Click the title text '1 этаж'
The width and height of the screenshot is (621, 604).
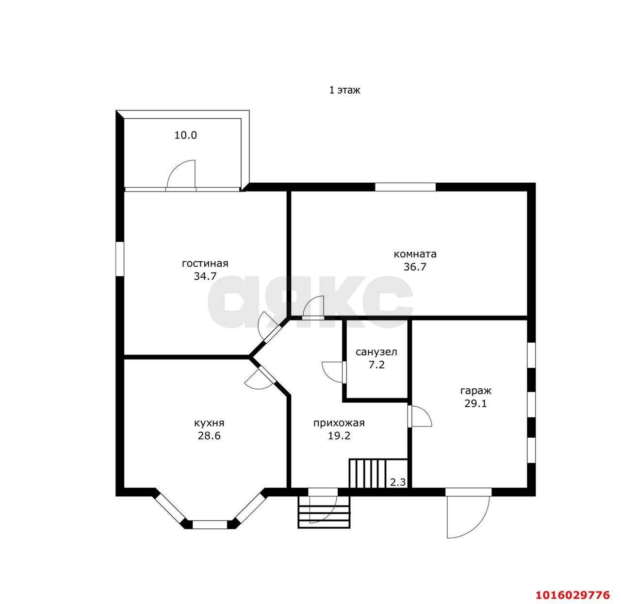344,90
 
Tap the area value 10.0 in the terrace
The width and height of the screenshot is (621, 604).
185,135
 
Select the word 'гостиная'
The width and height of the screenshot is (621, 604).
205,264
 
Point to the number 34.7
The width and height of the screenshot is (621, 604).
205,276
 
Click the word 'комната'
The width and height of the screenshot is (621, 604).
415,254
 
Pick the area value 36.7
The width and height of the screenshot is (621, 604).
415,267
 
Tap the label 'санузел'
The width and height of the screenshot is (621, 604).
376,352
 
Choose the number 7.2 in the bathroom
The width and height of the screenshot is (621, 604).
376,365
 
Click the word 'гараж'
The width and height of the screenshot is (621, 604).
475,391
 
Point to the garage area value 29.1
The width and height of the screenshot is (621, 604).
475,404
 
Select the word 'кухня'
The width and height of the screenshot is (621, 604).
209,423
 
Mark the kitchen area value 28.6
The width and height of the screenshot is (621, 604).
209,436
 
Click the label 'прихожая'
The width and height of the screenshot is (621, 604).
339,423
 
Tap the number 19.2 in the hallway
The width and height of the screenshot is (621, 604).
339,436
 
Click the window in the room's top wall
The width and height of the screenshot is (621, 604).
405,187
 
